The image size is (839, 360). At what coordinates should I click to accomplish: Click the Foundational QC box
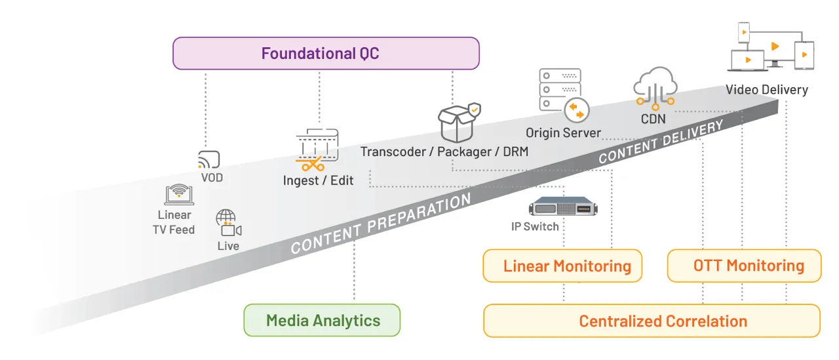pyautogui.click(x=326, y=53)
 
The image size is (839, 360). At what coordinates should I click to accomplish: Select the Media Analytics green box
pyautogui.click(x=322, y=320)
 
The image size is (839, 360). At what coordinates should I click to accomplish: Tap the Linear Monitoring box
pyautogui.click(x=562, y=266)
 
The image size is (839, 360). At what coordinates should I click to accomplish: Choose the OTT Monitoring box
pyautogui.click(x=744, y=266)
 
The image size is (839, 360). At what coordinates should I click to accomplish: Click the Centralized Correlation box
pyautogui.click(x=652, y=321)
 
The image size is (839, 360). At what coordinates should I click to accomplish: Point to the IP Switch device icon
pyautogui.click(x=564, y=207)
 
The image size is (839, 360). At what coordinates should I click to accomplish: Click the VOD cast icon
pyautogui.click(x=208, y=159)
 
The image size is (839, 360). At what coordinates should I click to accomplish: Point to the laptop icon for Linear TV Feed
pyautogui.click(x=179, y=195)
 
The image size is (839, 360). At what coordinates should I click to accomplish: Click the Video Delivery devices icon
pyautogui.click(x=771, y=47)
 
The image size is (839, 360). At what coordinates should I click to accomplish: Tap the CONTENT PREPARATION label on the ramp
pyautogui.click(x=381, y=224)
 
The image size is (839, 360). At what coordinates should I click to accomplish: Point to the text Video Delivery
pyautogui.click(x=766, y=90)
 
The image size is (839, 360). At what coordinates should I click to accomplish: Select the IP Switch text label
pyautogui.click(x=535, y=227)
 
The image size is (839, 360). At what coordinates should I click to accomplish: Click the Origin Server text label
pyautogui.click(x=563, y=133)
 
